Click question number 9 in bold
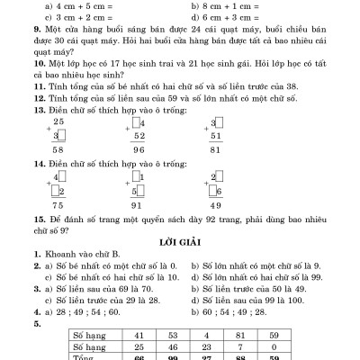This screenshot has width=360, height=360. (34, 41)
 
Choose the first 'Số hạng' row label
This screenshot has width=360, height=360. (93, 332)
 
